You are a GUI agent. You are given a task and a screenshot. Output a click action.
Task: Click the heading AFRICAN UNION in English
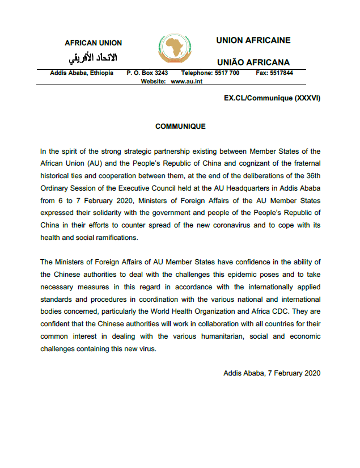point(93,43)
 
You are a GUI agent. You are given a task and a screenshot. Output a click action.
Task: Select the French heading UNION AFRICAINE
point(253,40)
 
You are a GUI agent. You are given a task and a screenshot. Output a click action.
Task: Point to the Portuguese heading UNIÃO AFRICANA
point(253,62)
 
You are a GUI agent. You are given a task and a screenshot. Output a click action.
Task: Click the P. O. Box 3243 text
point(147,73)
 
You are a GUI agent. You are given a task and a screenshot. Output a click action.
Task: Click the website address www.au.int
point(187,82)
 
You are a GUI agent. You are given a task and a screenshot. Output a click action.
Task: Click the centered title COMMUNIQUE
point(180,127)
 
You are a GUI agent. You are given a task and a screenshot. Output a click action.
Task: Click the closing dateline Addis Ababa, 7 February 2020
point(272,373)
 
